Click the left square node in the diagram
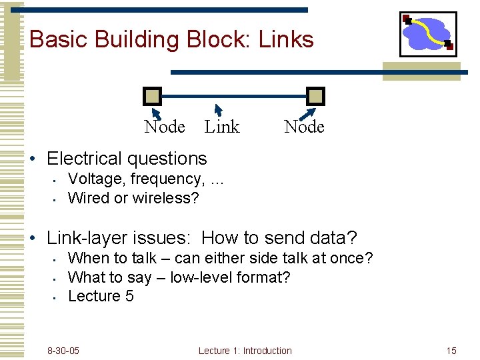click(153, 97)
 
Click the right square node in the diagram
click(315, 97)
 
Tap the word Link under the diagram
click(221, 127)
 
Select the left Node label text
click(164, 127)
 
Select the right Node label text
click(304, 127)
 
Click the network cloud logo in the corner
click(428, 34)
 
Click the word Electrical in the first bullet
click(85, 159)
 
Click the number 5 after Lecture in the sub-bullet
click(129, 296)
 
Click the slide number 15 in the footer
click(451, 351)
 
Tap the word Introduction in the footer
click(267, 351)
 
